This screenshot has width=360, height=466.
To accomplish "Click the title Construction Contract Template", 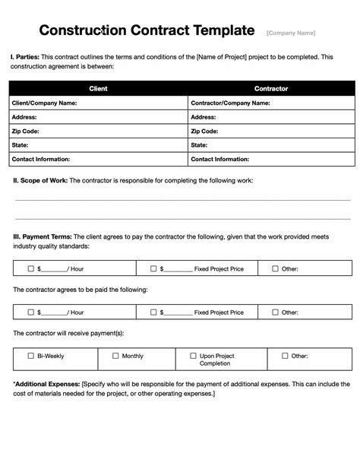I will coord(147,30).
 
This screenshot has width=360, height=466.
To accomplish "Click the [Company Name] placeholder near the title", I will coord(291,33).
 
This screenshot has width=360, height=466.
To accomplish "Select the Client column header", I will coord(98,88).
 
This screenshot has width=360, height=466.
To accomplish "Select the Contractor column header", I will coord(270,88).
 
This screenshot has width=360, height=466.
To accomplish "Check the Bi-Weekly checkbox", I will coord(30,355).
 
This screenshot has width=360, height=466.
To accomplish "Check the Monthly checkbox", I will coord(115,355).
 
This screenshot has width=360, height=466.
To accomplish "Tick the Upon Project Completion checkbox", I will coord(192,355).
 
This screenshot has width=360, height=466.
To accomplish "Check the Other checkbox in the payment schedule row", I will coord(285,355).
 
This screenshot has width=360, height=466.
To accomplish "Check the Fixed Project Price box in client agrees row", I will coord(153,268).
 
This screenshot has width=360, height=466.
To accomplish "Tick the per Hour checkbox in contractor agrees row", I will coord(30,312).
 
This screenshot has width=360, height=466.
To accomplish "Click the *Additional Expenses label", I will coord(46,384).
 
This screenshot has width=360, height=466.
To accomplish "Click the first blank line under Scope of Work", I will coord(182,200).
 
